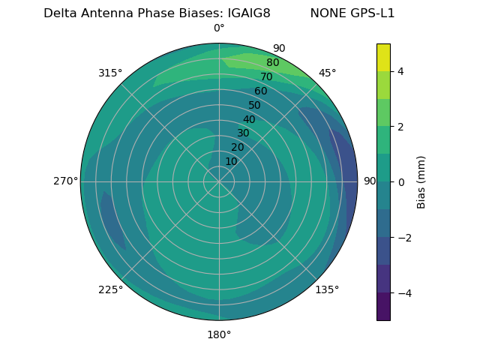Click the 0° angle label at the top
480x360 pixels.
pos(219,28)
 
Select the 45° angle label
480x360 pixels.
pos(327,73)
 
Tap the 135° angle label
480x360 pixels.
pos(327,289)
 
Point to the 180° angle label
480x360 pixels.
pos(219,334)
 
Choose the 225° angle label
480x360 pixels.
pos(110,289)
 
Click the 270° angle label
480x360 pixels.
pos(65,181)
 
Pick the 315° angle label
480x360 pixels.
pos(110,73)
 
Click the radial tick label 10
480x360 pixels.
pos(231,161)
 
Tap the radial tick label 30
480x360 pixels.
pos(243,133)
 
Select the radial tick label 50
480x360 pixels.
pos(255,106)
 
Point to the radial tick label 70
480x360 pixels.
pos(267,77)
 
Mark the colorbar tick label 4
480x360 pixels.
pos(400,71)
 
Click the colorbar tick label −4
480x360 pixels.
pos(403,293)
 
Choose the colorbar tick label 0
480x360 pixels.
pos(400,182)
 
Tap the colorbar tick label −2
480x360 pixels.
pos(403,238)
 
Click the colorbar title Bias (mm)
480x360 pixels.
pos(421,181)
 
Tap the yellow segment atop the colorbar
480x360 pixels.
pos(383,57)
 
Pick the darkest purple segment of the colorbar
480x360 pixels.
pos(383,307)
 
